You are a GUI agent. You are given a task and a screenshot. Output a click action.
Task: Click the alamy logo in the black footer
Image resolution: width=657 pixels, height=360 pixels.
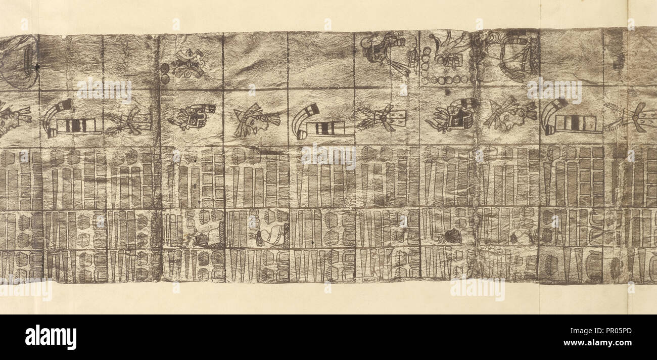click(51, 337)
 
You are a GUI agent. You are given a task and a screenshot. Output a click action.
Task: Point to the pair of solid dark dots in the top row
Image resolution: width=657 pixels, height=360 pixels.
click(165, 73)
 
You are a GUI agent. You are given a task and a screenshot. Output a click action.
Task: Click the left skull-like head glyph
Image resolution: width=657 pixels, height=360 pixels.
click(194, 117)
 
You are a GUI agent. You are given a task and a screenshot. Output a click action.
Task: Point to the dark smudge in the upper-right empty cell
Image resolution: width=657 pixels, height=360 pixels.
click(618, 62)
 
